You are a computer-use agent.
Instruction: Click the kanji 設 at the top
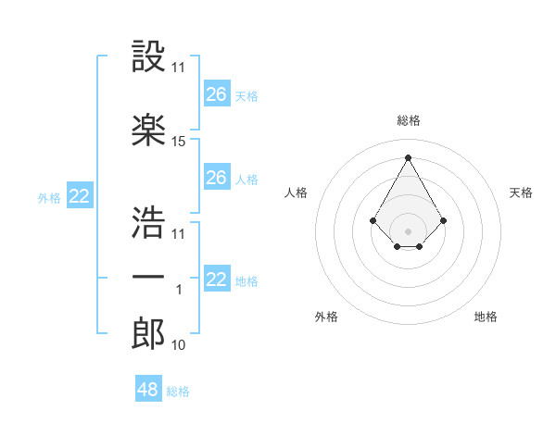[148, 56]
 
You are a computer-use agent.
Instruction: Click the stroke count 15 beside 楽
[179, 142]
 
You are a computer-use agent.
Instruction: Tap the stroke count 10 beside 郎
[179, 345]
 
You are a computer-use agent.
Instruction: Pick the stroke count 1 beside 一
[179, 291]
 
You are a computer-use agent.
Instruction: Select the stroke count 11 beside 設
[179, 68]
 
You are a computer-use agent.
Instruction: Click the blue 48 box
[148, 390]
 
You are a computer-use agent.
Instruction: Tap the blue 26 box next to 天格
[217, 94]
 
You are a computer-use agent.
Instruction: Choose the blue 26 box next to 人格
[217, 178]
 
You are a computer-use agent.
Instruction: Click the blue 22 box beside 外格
[80, 196]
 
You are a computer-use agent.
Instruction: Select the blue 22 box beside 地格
[217, 280]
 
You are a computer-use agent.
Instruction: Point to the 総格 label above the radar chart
[408, 120]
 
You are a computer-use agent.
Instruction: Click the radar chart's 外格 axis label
[326, 317]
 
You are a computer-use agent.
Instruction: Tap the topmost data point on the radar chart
[408, 156]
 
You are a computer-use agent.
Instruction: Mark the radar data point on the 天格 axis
[444, 220]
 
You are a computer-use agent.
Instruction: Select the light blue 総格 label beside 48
[178, 391]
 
